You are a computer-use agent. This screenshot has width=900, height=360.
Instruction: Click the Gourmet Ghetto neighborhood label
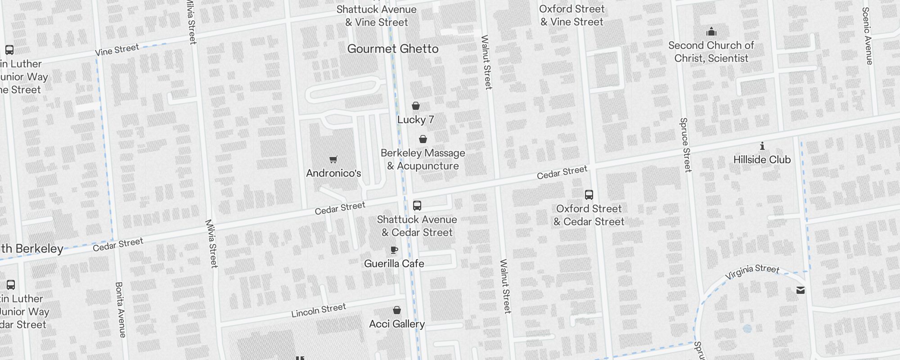pyautogui.click(x=392, y=49)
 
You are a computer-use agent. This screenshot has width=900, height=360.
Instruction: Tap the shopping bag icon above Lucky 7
pyautogui.click(x=416, y=106)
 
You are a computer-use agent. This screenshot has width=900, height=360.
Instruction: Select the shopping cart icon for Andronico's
pyautogui.click(x=333, y=159)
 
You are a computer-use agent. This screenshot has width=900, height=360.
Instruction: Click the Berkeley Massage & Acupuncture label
pyautogui.click(x=423, y=159)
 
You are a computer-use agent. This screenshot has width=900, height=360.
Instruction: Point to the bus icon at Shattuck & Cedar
pyautogui.click(x=417, y=206)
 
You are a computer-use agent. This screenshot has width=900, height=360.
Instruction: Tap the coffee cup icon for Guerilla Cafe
pyautogui.click(x=394, y=250)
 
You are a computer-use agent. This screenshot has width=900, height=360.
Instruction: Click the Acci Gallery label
pyautogui.click(x=396, y=324)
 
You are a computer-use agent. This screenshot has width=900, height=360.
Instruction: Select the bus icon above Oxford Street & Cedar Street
pyautogui.click(x=589, y=195)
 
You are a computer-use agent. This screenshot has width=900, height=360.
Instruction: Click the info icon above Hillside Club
pyautogui.click(x=762, y=146)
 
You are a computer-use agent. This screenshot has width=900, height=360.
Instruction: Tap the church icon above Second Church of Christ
pyautogui.click(x=711, y=31)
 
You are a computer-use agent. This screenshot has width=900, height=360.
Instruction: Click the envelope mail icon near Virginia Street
pyautogui.click(x=801, y=290)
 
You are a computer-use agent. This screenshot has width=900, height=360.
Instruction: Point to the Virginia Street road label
pyautogui.click(x=752, y=271)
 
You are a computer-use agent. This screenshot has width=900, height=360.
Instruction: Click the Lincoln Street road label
pyautogui.click(x=319, y=310)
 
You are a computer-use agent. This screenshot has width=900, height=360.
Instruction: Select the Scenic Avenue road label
pyautogui.click(x=867, y=36)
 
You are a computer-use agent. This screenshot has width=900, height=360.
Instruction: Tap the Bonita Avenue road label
pyautogui.click(x=121, y=310)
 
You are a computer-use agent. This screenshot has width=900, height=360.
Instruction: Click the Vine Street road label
pyautogui.click(x=117, y=50)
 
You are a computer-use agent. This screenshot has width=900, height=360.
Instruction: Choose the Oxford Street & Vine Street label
pyautogui.click(x=571, y=15)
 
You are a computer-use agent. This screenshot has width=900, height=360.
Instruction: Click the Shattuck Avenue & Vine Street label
pyautogui.click(x=376, y=16)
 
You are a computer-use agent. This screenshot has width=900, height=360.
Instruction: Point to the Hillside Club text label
pyautogui.click(x=761, y=160)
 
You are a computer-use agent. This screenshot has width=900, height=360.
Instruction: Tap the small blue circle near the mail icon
pyautogui.click(x=747, y=329)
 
